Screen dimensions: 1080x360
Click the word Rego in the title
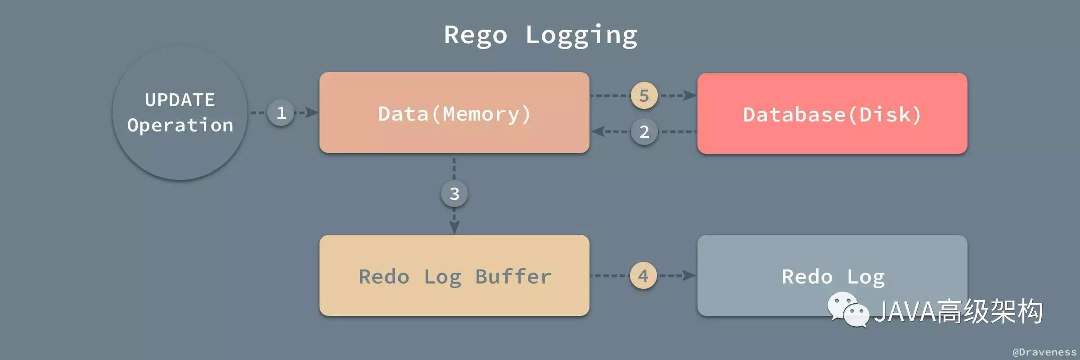pyautogui.click(x=476, y=36)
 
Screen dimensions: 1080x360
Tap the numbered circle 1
pyautogui.click(x=281, y=112)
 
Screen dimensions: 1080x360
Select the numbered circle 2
pyautogui.click(x=644, y=131)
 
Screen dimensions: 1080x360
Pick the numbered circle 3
pyautogui.click(x=454, y=193)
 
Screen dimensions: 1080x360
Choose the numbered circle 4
pyautogui.click(x=643, y=275)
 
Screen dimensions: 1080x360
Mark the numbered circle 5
pyautogui.click(x=644, y=95)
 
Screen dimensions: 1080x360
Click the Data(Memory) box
pyautogui.click(x=454, y=112)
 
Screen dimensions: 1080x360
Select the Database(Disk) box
pyautogui.click(x=832, y=113)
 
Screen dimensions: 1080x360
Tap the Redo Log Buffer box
pyautogui.click(x=454, y=275)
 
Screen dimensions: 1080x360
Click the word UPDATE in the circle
pyautogui.click(x=180, y=100)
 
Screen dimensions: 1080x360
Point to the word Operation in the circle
pyautogui.click(x=180, y=125)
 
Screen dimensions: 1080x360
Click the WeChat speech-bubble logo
pyautogui.click(x=848, y=309)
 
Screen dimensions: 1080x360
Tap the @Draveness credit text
pyautogui.click(x=1044, y=352)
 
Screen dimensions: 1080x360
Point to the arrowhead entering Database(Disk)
pyautogui.click(x=690, y=95)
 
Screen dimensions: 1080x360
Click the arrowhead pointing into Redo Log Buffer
pyautogui.click(x=454, y=228)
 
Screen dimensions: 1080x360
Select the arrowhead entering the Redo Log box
pyautogui.click(x=690, y=275)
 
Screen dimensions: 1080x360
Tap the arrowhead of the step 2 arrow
pyautogui.click(x=598, y=131)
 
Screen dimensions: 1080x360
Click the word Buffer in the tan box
pyautogui.click(x=513, y=276)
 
